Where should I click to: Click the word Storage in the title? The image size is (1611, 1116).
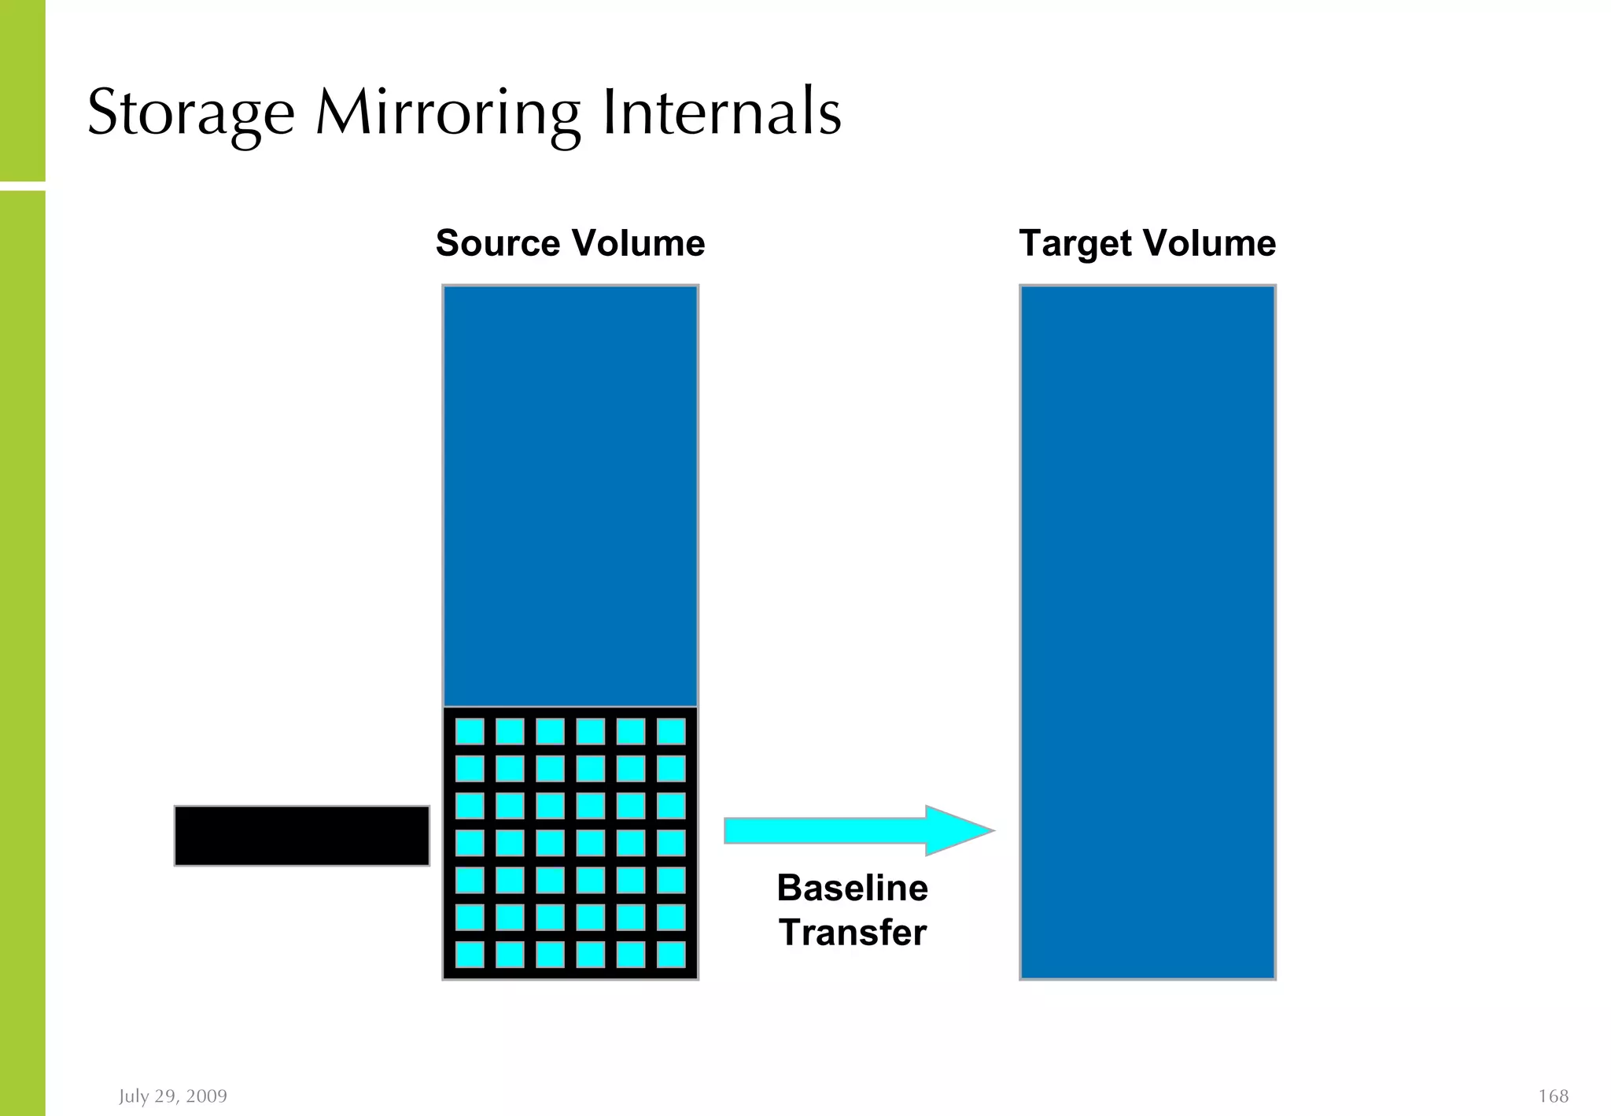coord(191,113)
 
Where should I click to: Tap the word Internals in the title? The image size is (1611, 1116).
coord(721,113)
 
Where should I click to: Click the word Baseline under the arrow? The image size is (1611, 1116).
coord(853,888)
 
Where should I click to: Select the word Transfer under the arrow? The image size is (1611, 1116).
coord(853,933)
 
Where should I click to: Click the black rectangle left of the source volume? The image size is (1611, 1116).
coord(301,836)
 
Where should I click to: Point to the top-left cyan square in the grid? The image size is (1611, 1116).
coord(470,732)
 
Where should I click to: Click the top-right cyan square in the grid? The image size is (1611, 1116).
coord(671,732)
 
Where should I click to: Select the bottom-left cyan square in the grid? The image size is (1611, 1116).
coord(470,955)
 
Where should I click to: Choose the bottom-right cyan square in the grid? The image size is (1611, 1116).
coord(671,955)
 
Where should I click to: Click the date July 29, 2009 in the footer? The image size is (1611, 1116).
coord(173,1096)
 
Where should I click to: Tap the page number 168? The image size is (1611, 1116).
coord(1553,1096)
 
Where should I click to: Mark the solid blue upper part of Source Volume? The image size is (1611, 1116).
coord(570,496)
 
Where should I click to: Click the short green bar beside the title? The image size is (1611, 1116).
coord(22,91)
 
